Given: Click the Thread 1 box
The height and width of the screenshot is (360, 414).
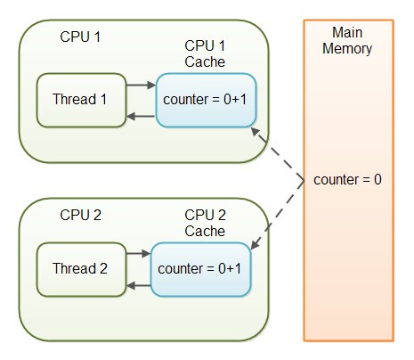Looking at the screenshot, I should (x=80, y=99).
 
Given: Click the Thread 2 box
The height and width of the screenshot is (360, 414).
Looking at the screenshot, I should (x=80, y=266).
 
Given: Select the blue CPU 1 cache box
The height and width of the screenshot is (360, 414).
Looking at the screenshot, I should (x=206, y=100).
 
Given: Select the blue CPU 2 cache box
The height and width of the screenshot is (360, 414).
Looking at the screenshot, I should (x=200, y=268).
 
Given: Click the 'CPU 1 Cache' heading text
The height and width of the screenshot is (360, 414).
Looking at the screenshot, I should (x=205, y=53).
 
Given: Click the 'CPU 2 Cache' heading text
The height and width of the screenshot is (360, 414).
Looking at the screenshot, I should (x=205, y=223).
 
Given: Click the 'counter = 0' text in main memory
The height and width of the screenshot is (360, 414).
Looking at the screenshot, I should (x=348, y=180).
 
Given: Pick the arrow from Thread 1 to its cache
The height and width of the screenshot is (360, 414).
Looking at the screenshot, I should (x=140, y=86).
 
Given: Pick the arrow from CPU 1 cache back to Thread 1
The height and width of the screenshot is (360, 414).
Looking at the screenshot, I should (x=140, y=115).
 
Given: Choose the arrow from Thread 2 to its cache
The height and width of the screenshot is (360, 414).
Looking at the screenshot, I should (x=137, y=254).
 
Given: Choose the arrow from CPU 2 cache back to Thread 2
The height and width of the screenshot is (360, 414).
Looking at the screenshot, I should (x=137, y=284).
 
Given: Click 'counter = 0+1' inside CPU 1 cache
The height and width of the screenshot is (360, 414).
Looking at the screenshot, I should (x=206, y=100).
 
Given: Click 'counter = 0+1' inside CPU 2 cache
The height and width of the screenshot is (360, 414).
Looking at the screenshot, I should (x=200, y=268).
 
